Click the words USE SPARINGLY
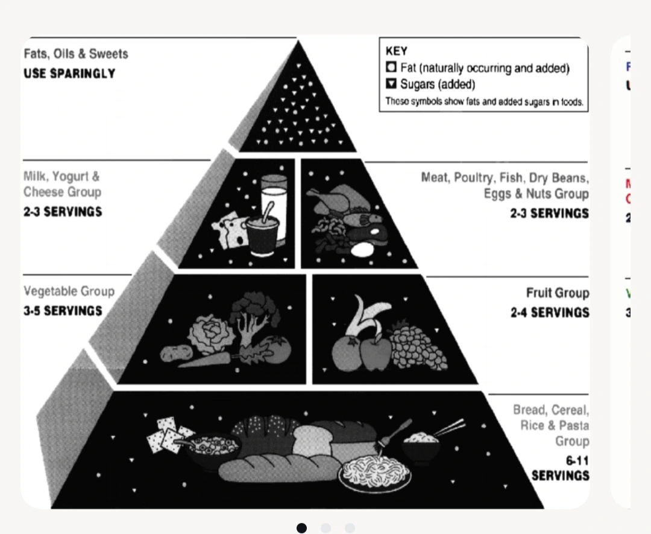(69, 74)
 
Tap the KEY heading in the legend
(396, 51)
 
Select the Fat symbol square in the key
(391, 68)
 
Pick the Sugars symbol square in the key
(391, 83)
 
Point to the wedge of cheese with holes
(229, 232)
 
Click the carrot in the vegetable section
(205, 361)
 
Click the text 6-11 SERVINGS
(561, 468)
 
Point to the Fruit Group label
(557, 293)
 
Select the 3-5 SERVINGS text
(63, 311)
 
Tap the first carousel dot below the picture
(302, 528)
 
